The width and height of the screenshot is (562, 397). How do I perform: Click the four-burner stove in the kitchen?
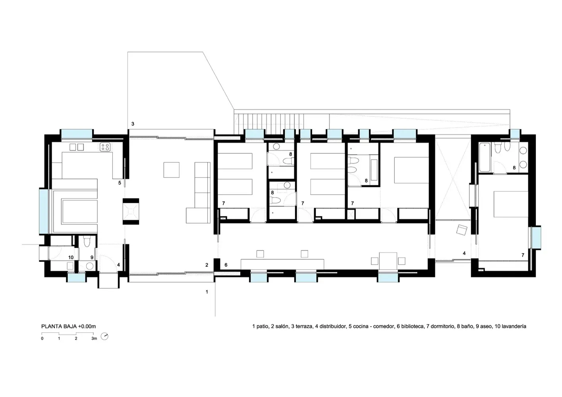tap(105, 147)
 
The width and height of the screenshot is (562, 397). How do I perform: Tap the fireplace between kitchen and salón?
tap(131, 212)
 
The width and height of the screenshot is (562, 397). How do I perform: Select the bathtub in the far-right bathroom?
tap(485, 157)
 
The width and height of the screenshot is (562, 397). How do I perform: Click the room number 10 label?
tap(71, 257)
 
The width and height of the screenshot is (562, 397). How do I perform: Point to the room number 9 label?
tap(92, 257)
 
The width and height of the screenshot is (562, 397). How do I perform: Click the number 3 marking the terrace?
tap(133, 123)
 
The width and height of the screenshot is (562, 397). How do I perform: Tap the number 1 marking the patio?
tap(207, 292)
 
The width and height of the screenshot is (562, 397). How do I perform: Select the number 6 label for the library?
tap(226, 265)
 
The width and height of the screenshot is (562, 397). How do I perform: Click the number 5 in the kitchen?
tap(120, 183)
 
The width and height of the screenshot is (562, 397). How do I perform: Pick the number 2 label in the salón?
tap(207, 265)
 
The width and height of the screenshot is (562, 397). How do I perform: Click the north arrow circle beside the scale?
tap(104, 336)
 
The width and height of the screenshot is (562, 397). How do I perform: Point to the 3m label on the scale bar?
tap(94, 339)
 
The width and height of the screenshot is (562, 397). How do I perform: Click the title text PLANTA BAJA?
tap(59, 326)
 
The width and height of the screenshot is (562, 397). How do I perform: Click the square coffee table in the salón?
tap(172, 170)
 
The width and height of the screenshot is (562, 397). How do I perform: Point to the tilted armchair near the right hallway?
tap(462, 230)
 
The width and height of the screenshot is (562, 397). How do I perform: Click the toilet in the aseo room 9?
tap(87, 241)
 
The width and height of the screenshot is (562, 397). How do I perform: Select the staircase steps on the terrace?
tap(269, 124)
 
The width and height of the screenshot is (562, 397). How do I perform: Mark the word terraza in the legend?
tap(304, 326)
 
